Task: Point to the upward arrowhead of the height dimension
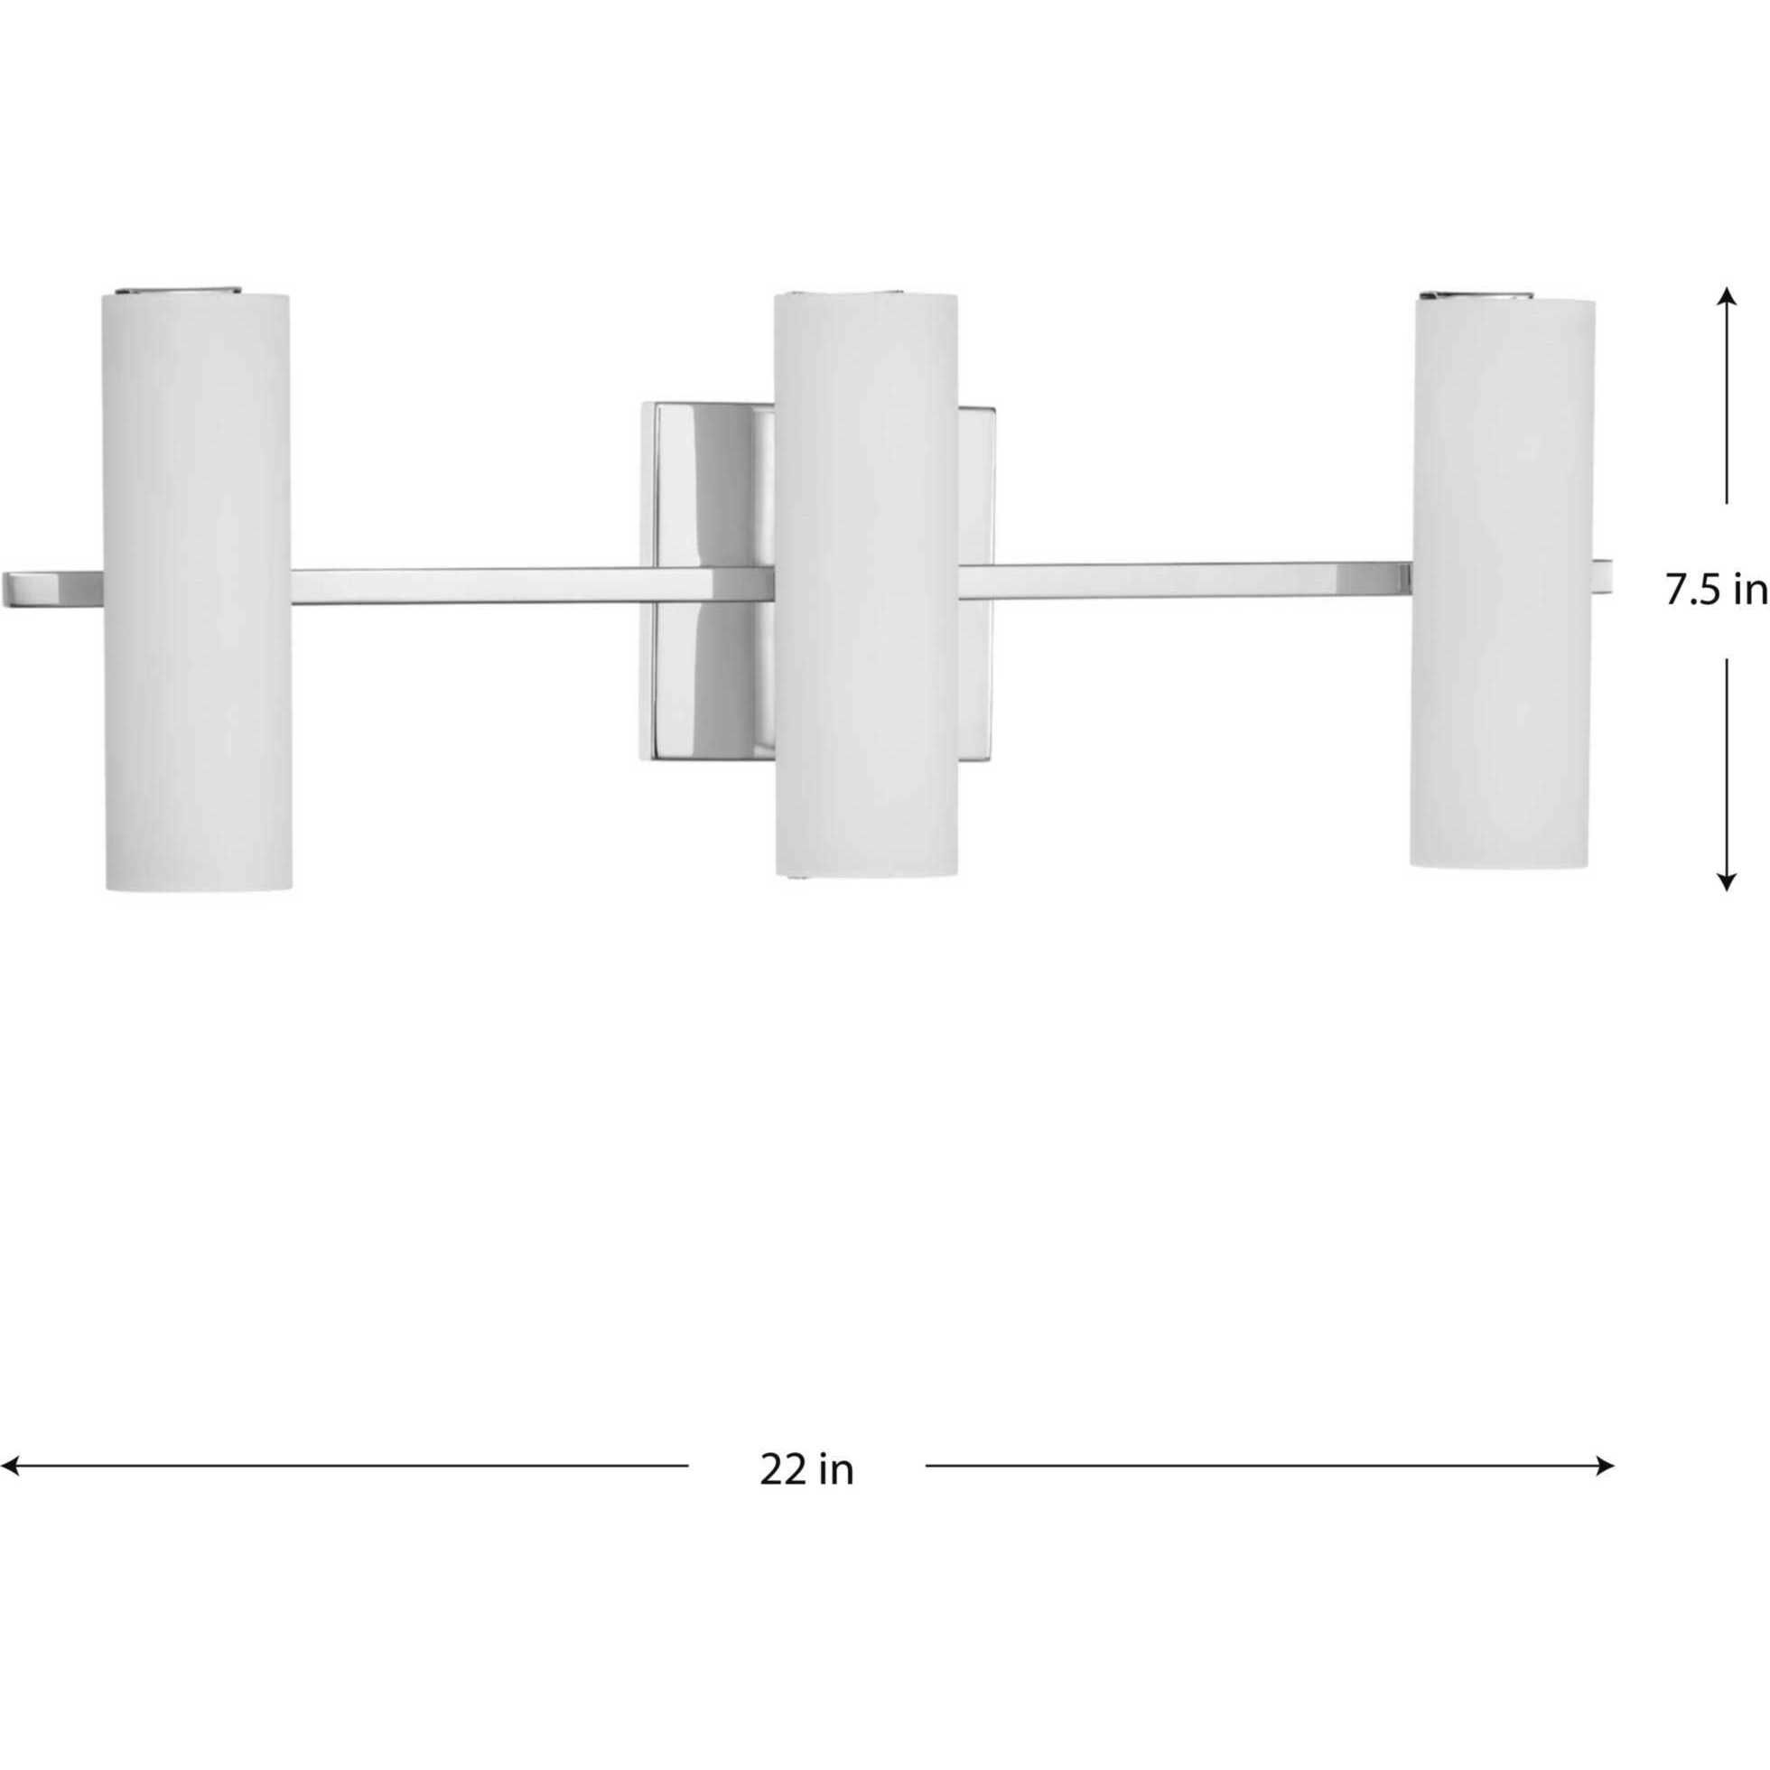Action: [1726, 296]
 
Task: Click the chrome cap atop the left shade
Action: [180, 292]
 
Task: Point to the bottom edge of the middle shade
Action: [866, 873]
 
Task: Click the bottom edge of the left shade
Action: [199, 887]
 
